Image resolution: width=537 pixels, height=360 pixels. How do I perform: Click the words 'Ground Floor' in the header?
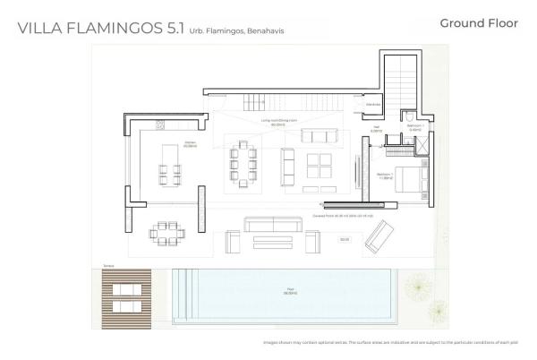pyautogui.click(x=479, y=23)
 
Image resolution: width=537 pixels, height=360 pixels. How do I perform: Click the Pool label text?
pyautogui.click(x=290, y=290)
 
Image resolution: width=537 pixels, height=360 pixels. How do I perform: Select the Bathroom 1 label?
pyautogui.click(x=415, y=127)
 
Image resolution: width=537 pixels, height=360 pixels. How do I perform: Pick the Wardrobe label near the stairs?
pyautogui.click(x=373, y=105)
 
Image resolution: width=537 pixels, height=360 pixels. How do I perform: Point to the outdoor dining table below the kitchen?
pyautogui.click(x=166, y=232)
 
